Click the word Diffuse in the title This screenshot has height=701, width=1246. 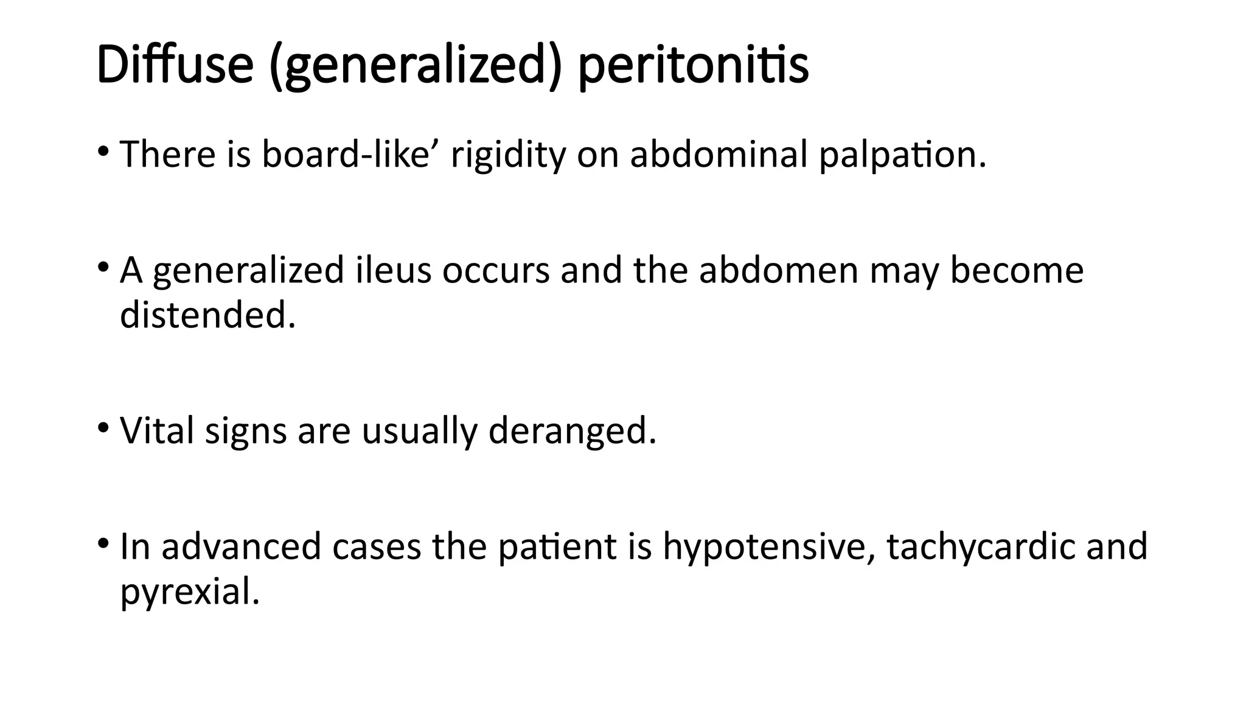pos(175,65)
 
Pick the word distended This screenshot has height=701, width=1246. pos(207,315)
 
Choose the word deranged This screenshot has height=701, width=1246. pos(573,432)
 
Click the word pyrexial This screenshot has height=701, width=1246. pos(190,592)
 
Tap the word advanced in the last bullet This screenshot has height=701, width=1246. pos(241,546)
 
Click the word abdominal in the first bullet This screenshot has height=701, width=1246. pos(719,155)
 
